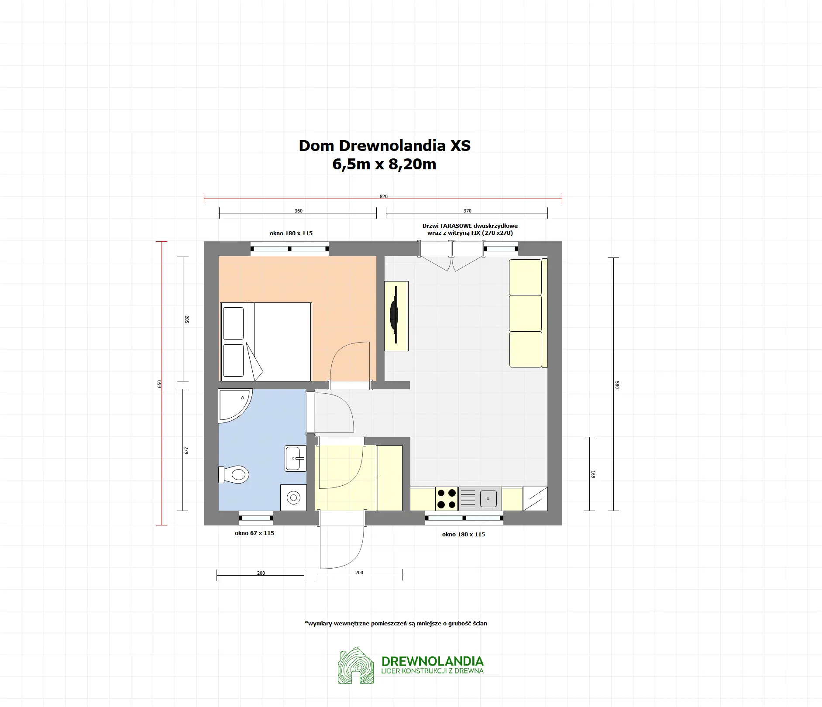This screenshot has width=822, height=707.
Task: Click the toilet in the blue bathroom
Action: coord(234,474)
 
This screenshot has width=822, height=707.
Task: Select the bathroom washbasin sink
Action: coord(296,458)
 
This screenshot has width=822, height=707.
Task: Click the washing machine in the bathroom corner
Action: coord(293,498)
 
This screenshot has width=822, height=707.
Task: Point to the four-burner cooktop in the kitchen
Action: coord(447,499)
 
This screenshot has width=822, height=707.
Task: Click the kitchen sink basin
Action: coord(488,499)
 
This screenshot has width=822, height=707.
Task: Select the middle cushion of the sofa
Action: coord(526,313)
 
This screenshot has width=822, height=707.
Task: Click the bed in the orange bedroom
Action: coord(265,342)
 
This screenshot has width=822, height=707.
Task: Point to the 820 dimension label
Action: coord(383,196)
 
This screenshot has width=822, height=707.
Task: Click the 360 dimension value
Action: coord(299,211)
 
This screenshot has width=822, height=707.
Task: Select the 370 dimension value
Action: coord(468,211)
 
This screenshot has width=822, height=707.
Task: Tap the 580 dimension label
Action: coord(617,385)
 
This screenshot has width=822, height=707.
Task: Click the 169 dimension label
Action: coord(593,474)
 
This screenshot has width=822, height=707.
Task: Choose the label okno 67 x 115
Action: coord(255,533)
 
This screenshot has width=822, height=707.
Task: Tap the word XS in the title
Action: coord(461,145)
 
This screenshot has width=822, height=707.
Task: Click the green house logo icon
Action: coord(356,666)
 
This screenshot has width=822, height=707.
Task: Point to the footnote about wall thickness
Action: coord(396,623)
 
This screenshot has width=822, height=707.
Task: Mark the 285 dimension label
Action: coord(187,319)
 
